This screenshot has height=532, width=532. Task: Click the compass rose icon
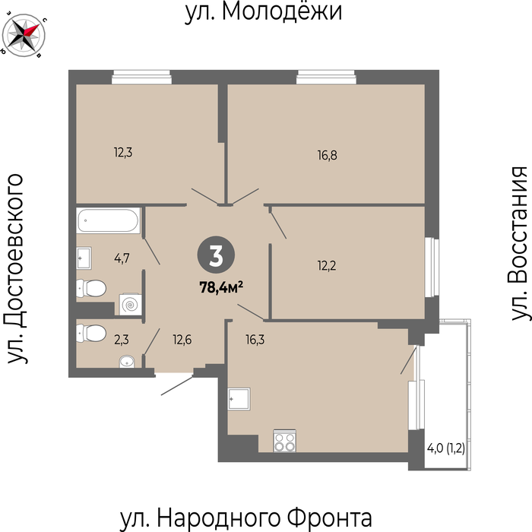[x=24, y=35]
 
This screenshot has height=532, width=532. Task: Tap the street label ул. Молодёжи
[x=263, y=12]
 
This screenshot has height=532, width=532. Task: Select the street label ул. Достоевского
[x=16, y=269]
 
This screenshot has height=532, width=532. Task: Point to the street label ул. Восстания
[x=519, y=243]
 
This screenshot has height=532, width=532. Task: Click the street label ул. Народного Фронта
[x=246, y=518]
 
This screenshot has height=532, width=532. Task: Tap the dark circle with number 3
[x=216, y=255]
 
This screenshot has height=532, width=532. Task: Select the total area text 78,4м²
[x=221, y=288]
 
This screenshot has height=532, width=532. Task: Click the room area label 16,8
[x=328, y=156]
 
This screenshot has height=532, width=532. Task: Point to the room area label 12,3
[x=123, y=153]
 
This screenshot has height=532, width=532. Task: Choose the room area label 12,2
[x=327, y=266]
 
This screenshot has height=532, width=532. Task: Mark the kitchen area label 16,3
[x=255, y=339]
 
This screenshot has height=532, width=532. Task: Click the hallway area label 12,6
[x=182, y=339]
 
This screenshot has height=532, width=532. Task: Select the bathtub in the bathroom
[x=108, y=220]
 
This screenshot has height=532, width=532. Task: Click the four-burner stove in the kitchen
[x=285, y=441]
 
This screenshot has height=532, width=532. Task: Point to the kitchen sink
[x=239, y=399]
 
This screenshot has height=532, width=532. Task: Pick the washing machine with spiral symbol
[x=130, y=304]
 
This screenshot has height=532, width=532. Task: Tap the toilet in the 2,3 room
[x=91, y=333]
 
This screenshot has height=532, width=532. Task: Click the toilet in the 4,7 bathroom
[x=91, y=288]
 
